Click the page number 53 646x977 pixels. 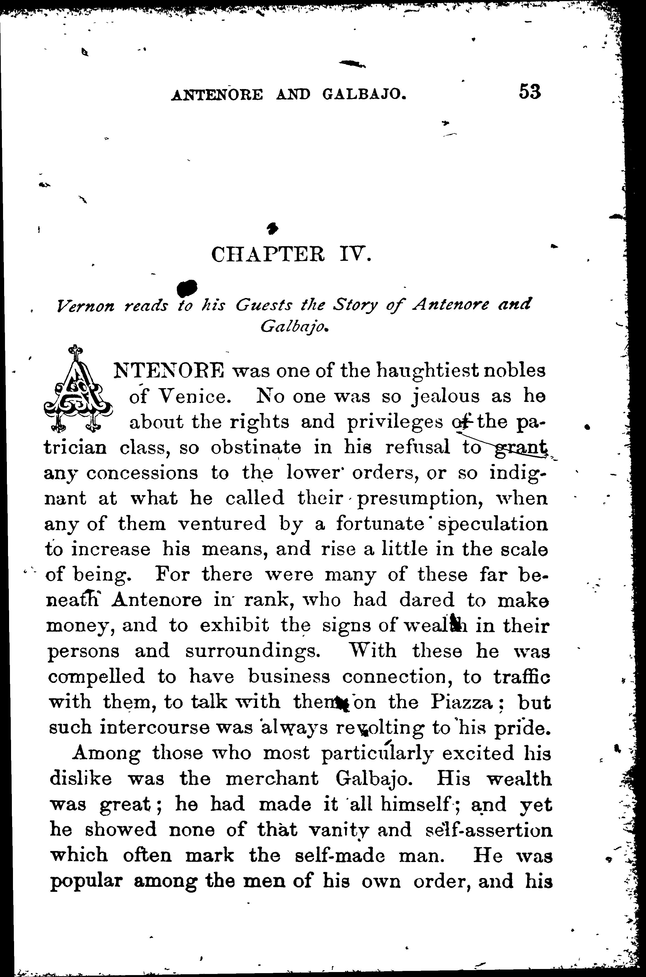tap(529, 92)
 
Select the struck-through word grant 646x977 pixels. tap(521, 448)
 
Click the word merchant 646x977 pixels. tap(272, 779)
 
